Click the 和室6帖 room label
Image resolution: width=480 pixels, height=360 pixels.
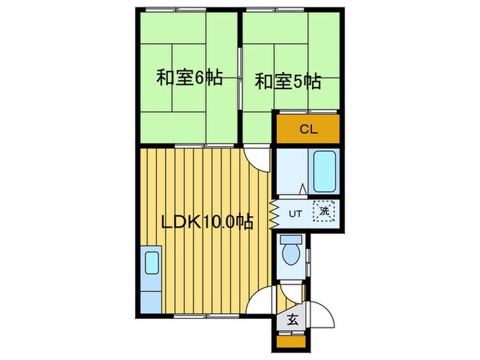[x=189, y=77]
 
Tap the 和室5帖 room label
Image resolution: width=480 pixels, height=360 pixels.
[x=288, y=82]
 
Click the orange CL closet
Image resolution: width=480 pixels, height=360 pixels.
[x=307, y=129]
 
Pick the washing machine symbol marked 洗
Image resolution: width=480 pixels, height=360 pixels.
[x=324, y=212]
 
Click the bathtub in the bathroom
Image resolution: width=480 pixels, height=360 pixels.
[x=324, y=171]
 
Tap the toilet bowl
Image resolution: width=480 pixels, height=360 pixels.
[x=291, y=253]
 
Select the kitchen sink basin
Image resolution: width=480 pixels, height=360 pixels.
[x=152, y=263]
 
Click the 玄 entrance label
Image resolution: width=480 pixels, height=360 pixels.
[x=292, y=319]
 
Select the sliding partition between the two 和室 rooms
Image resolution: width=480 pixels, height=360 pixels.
[x=239, y=75]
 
